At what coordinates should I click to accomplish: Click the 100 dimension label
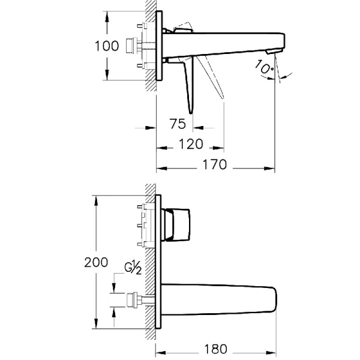107,46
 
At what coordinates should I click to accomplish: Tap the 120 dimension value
191,145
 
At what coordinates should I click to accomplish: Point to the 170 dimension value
214,164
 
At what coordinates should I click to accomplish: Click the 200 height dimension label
96,262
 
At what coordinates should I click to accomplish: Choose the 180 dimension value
214,348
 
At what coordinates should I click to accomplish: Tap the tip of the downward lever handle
191,111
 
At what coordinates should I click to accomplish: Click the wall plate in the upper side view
160,46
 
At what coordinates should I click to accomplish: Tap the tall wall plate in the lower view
158,262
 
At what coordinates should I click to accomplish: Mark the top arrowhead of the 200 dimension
95,199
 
